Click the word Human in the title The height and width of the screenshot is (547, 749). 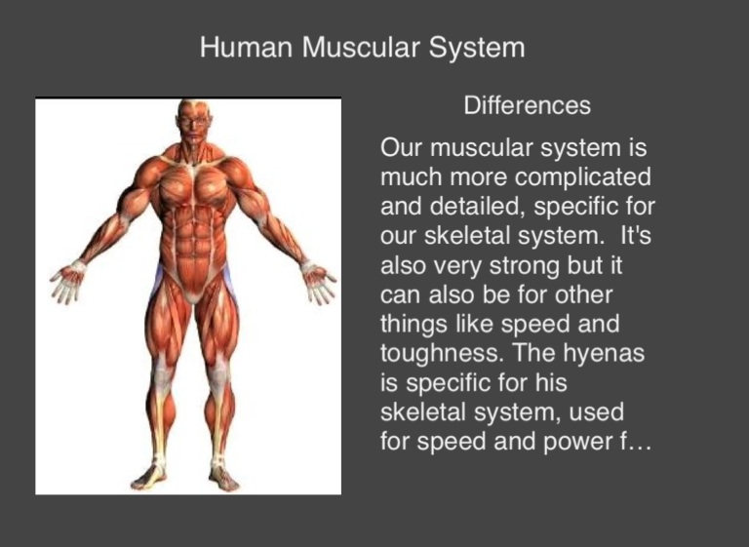pyautogui.click(x=246, y=48)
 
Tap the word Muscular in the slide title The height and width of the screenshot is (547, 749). pyautogui.click(x=361, y=48)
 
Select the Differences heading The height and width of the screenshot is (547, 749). pyautogui.click(x=527, y=105)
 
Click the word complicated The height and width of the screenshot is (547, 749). pyautogui.click(x=583, y=177)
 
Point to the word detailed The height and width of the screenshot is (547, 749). pyautogui.click(x=478, y=207)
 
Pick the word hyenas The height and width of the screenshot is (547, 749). pyautogui.click(x=604, y=354)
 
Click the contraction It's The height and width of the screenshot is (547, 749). pyautogui.click(x=635, y=236)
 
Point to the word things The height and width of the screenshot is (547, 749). pyautogui.click(x=414, y=325)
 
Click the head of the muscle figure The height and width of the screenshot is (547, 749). pyautogui.click(x=194, y=121)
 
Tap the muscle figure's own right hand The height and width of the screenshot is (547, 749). pyautogui.click(x=68, y=284)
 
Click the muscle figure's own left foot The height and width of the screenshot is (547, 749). pyautogui.click(x=223, y=477)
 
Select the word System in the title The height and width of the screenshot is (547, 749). pyautogui.click(x=477, y=48)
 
